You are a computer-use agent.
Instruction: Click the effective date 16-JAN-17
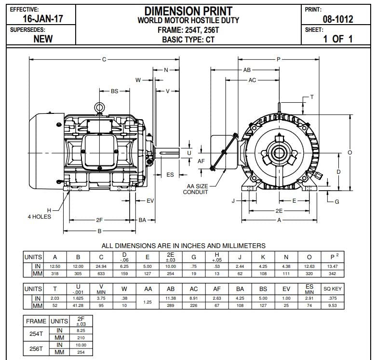(43, 19)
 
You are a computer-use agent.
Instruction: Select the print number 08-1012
(337, 19)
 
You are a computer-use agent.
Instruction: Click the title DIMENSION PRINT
(188, 10)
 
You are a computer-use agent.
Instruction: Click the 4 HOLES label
(39, 217)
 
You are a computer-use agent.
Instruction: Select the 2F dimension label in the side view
(99, 220)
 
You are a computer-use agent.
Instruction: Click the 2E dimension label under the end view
(279, 211)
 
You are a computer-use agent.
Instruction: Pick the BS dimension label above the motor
(115, 91)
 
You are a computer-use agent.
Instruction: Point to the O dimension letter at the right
(350, 152)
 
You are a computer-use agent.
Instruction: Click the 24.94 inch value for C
(101, 266)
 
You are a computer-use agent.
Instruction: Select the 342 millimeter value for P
(332, 274)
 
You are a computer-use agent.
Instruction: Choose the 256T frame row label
(36, 348)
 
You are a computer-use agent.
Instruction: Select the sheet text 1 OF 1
(337, 39)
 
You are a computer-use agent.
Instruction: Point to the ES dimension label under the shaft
(170, 175)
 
